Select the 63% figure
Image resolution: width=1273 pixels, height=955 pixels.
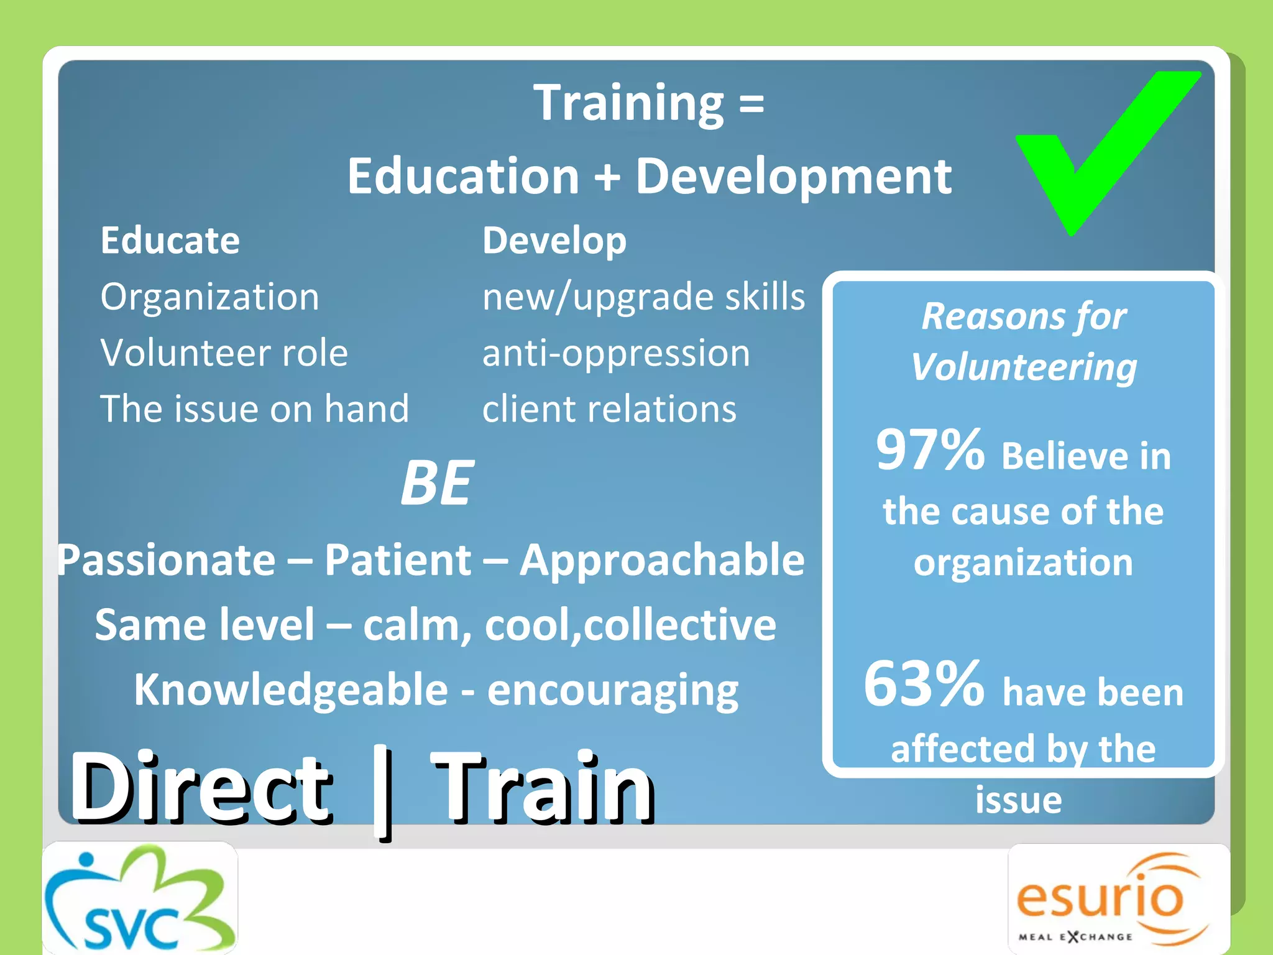[924, 684]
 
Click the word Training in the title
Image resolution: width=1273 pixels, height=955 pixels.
[628, 103]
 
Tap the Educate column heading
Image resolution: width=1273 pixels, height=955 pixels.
[170, 241]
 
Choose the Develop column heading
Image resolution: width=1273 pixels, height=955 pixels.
[554, 241]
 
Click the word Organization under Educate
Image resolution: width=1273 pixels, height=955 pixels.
[210, 297]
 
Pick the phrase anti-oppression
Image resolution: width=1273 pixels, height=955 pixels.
[616, 353]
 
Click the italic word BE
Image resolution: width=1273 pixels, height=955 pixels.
[437, 483]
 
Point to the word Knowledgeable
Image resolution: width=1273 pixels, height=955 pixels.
[291, 690]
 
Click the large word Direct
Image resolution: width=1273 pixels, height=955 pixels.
[200, 788]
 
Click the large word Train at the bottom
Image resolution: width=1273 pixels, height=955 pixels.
[543, 788]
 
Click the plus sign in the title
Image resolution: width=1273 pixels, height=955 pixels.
[607, 177]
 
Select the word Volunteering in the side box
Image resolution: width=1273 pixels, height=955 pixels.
[1024, 367]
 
